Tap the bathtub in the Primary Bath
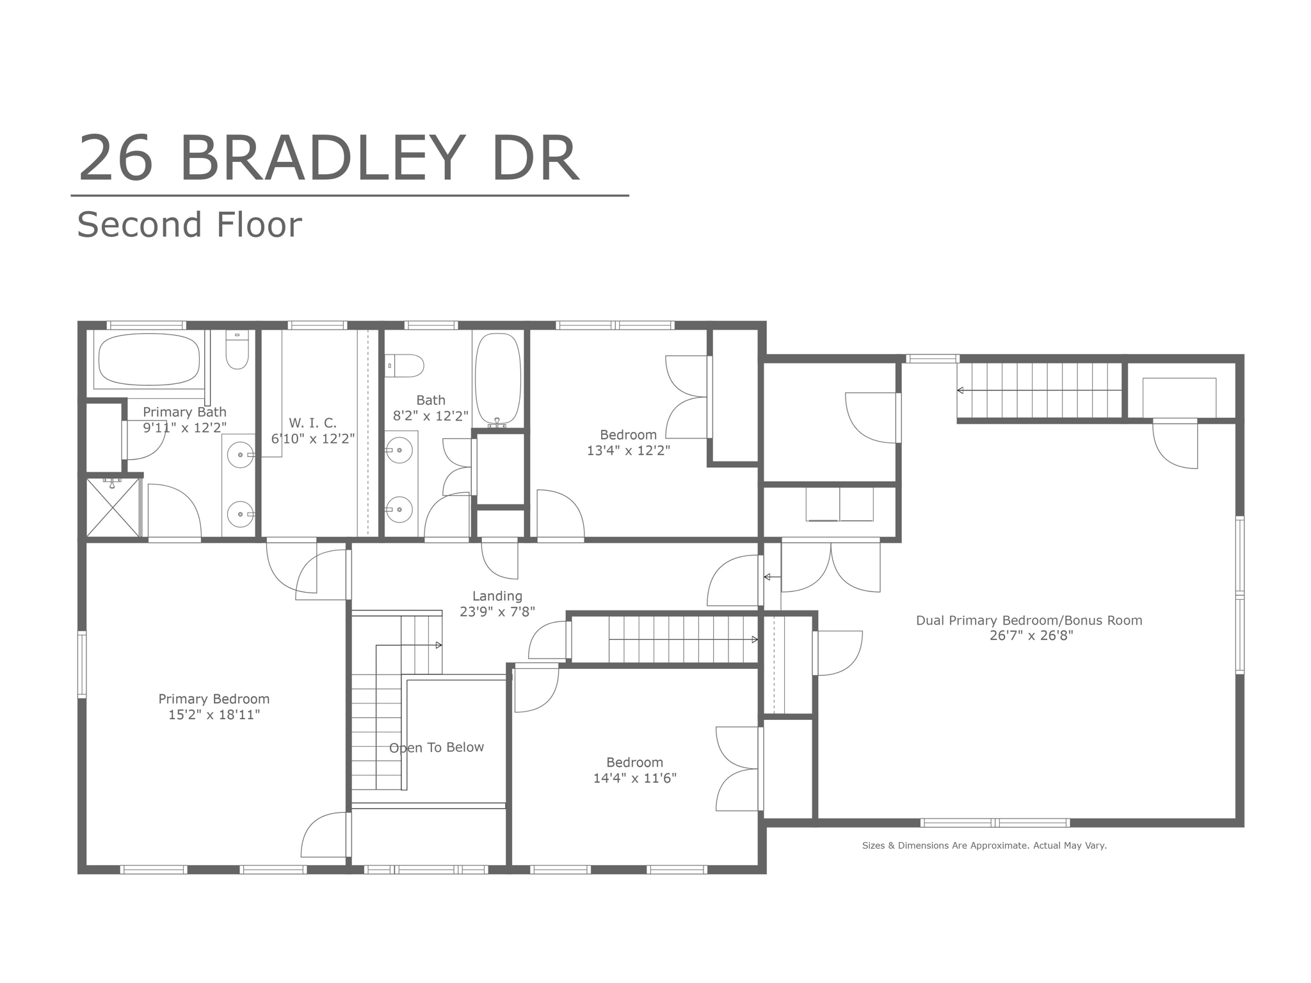(149, 359)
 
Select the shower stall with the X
(113, 507)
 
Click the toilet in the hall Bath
(405, 366)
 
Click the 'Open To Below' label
(437, 747)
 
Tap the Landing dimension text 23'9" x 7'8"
(497, 612)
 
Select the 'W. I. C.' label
(312, 423)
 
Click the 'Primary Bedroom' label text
(214, 699)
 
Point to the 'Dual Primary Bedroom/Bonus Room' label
(1029, 620)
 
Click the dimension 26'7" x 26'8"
(1031, 635)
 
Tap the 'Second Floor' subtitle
(189, 225)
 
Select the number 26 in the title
(116, 158)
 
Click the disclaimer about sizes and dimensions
(985, 845)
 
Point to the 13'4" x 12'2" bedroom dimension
(629, 451)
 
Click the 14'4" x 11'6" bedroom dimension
(635, 778)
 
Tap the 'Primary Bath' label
(184, 412)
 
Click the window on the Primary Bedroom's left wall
(82, 664)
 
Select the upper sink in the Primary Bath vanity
(241, 454)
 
